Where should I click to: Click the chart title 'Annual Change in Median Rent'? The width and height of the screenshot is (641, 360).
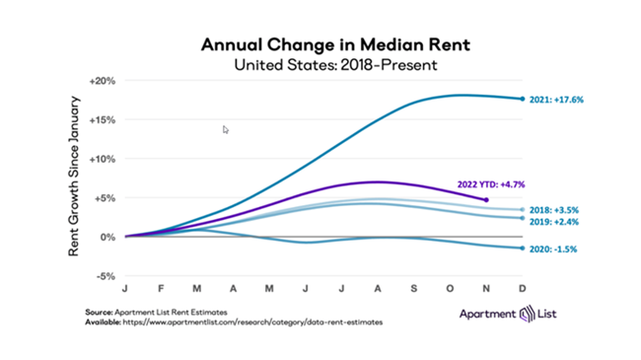(320, 45)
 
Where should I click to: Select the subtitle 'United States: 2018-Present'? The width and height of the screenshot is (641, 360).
(320, 65)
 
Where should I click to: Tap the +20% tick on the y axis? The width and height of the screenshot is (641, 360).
(104, 80)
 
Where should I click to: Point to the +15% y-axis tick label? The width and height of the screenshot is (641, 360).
(104, 119)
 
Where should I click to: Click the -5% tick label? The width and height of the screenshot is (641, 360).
(107, 276)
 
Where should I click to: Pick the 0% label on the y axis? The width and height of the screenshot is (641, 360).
(109, 237)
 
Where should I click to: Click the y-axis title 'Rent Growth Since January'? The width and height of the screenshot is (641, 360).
(74, 178)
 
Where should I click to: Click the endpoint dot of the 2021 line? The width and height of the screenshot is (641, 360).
(522, 98)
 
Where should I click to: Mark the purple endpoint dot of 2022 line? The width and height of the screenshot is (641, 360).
(486, 200)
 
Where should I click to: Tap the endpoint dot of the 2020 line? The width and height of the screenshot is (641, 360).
(522, 249)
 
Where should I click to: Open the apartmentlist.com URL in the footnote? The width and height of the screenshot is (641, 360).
(254, 323)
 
